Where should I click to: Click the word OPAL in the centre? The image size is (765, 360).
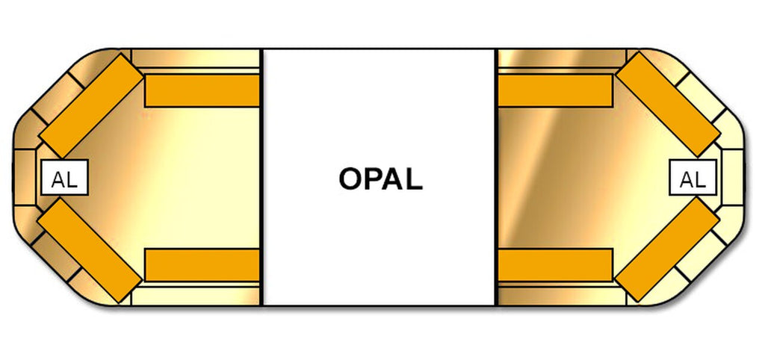tap(380, 179)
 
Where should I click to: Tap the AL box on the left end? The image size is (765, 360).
tap(64, 179)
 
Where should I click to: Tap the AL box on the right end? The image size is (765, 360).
tap(693, 179)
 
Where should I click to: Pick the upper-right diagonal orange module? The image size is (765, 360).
tap(668, 104)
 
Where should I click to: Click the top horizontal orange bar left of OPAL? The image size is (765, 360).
tap(202, 90)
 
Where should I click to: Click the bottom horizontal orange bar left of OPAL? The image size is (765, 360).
tap(202, 265)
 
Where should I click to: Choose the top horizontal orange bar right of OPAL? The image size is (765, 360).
tap(555, 90)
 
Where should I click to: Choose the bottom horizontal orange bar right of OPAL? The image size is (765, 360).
tap(555, 265)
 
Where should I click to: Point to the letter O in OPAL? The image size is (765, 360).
tap(351, 179)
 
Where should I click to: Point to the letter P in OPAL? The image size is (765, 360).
tap(373, 179)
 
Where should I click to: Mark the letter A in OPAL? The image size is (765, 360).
tap(394, 179)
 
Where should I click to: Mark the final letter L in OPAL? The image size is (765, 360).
tap(414, 179)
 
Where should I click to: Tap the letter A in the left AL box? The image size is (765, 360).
tap(58, 180)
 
